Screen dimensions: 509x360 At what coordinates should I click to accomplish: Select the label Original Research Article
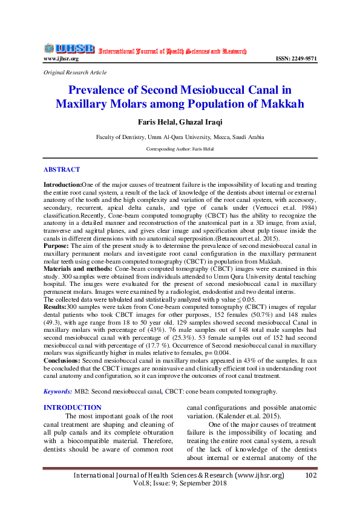coord(75,73)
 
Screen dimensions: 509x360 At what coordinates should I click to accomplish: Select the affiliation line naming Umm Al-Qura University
coord(180,137)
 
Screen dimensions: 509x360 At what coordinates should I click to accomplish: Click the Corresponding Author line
coord(180,148)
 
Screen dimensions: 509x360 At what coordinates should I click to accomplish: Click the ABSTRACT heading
coord(62,170)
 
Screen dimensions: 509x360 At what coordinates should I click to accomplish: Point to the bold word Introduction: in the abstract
coord(62,184)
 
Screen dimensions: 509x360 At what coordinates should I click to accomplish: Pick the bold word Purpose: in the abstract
coord(56,247)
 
